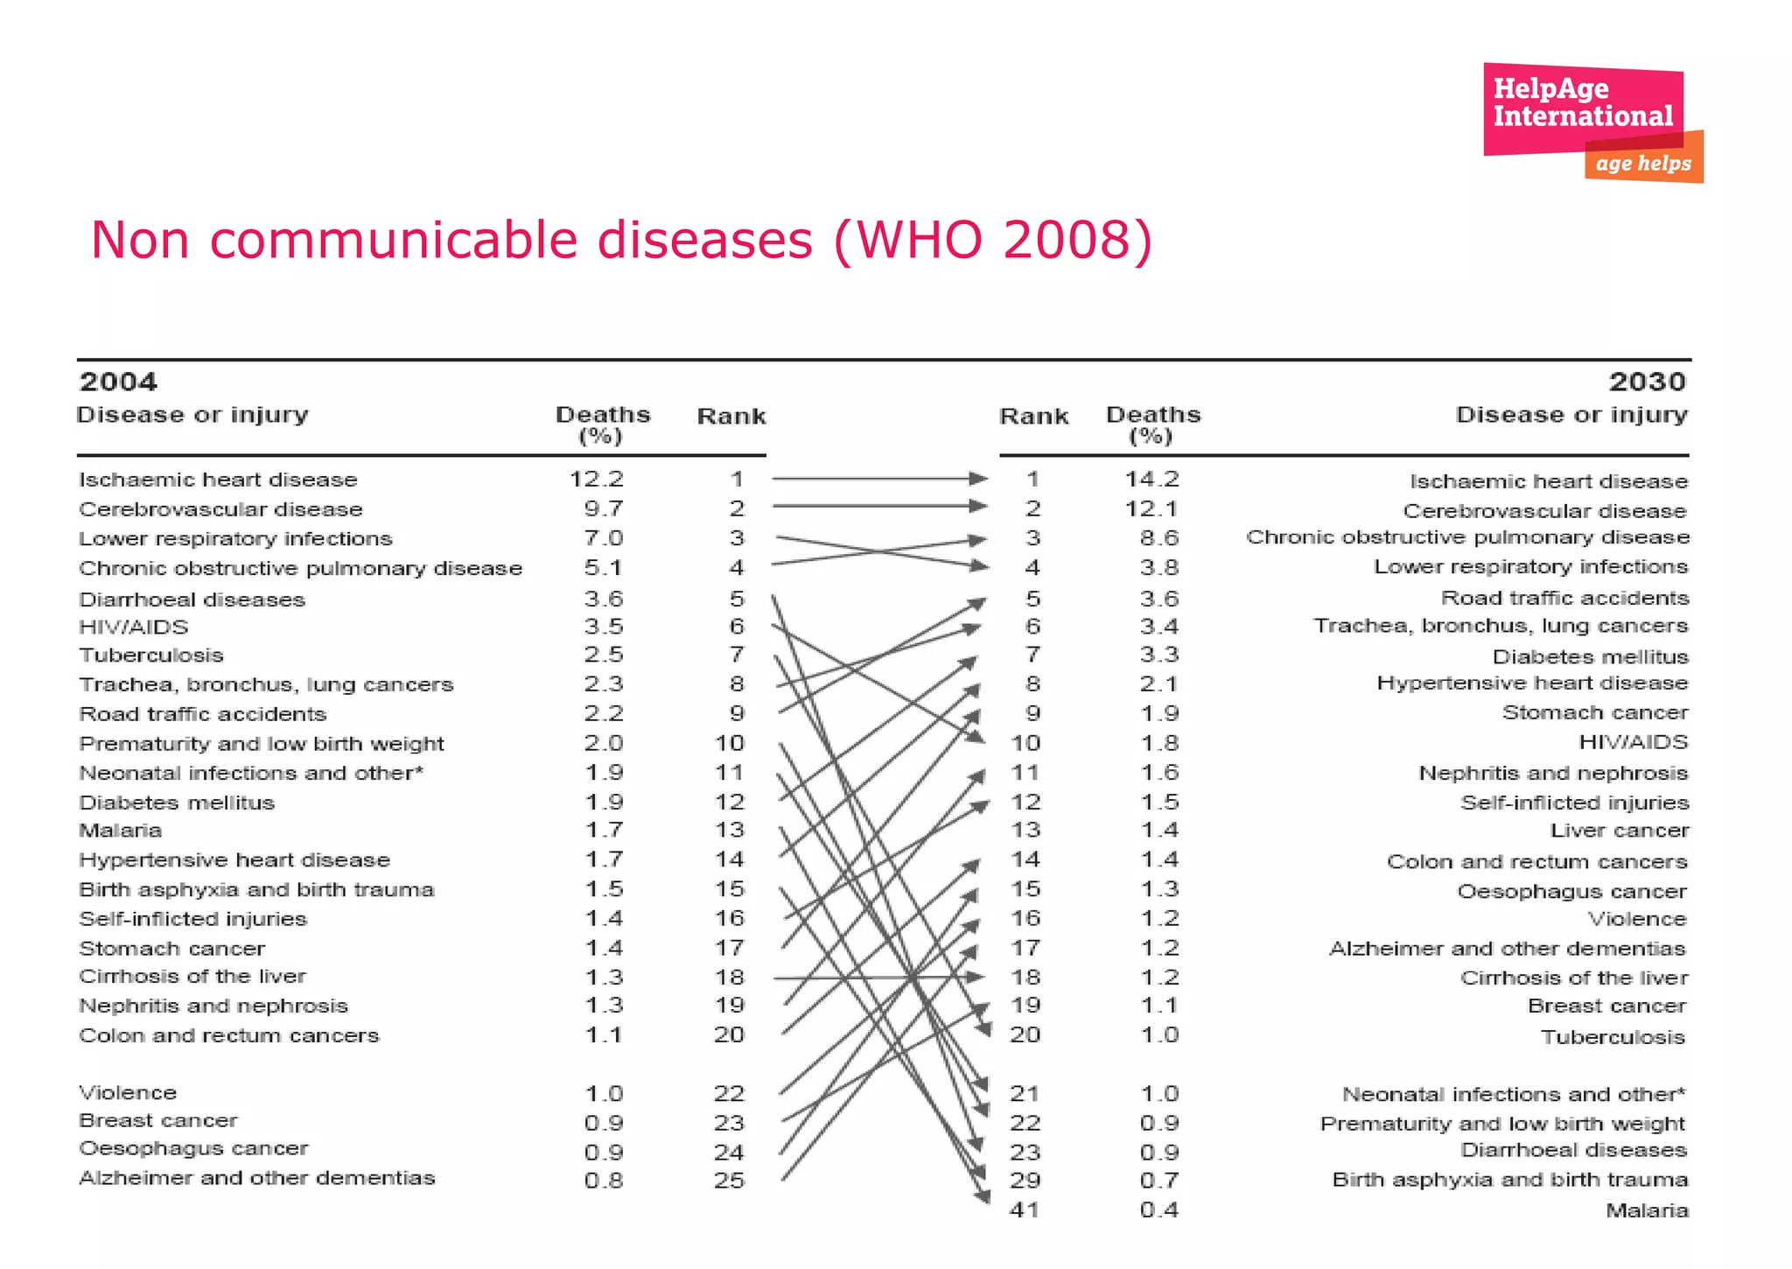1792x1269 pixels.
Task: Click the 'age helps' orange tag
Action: click(x=1643, y=164)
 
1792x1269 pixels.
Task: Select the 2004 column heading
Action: click(x=118, y=382)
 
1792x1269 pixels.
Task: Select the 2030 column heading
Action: click(x=1647, y=382)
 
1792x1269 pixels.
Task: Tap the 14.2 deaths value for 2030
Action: click(x=1151, y=479)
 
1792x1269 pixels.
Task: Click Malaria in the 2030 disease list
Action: click(x=1647, y=1210)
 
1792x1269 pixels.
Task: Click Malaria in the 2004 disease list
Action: click(x=121, y=830)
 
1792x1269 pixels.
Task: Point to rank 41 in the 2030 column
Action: click(x=1025, y=1210)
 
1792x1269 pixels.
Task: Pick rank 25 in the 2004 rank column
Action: click(x=729, y=1180)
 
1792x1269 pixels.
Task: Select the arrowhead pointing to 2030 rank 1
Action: click(x=978, y=478)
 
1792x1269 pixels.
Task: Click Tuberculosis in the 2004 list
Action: click(x=151, y=655)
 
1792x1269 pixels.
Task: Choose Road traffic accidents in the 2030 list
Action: click(x=1564, y=598)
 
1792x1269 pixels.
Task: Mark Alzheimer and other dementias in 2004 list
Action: click(x=256, y=1178)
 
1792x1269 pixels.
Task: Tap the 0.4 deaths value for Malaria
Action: click(x=1159, y=1210)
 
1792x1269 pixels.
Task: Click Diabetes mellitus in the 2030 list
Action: click(x=1590, y=656)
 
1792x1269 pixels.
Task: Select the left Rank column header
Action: click(x=731, y=417)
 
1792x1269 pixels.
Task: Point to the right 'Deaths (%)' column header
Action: click(x=1152, y=424)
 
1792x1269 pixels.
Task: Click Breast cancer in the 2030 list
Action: click(x=1606, y=1006)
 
